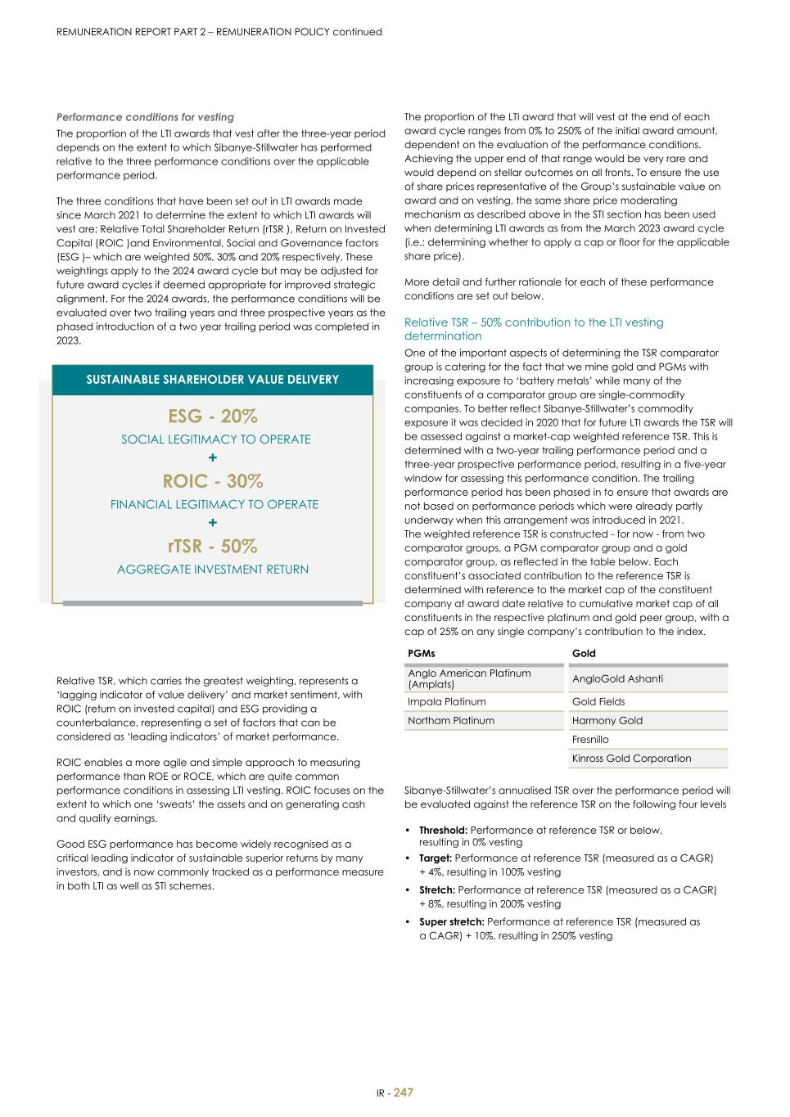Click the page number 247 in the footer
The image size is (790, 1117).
(404, 1092)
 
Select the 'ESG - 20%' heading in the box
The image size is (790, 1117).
(213, 416)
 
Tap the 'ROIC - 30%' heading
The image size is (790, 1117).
(213, 480)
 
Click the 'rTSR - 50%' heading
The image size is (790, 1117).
(213, 546)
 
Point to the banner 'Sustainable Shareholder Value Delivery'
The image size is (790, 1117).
(213, 380)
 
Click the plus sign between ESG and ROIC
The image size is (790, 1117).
(213, 457)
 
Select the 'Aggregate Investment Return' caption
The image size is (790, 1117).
(213, 570)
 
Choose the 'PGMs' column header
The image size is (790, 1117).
(422, 653)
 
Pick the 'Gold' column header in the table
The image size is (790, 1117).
(584, 653)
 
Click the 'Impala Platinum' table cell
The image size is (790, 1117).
(447, 701)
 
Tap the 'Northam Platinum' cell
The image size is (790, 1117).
(451, 720)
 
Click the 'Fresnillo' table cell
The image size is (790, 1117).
(590, 739)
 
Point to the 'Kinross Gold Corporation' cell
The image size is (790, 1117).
(631, 758)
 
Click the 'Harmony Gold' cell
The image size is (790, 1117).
(607, 720)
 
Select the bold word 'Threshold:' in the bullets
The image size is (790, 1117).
(443, 830)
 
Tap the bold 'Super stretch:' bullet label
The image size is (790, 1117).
(451, 921)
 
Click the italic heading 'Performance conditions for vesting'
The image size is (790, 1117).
(145, 117)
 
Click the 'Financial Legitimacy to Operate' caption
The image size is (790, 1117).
(214, 504)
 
